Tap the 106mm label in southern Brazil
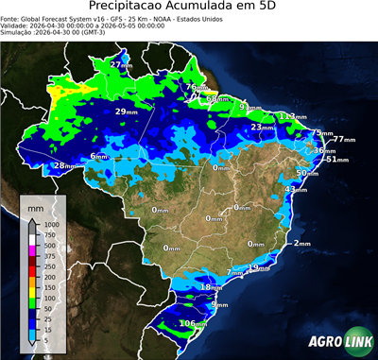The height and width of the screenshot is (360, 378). (x=193, y=324)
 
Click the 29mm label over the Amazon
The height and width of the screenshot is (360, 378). (x=127, y=111)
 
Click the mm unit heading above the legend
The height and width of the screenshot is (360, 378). (x=35, y=205)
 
